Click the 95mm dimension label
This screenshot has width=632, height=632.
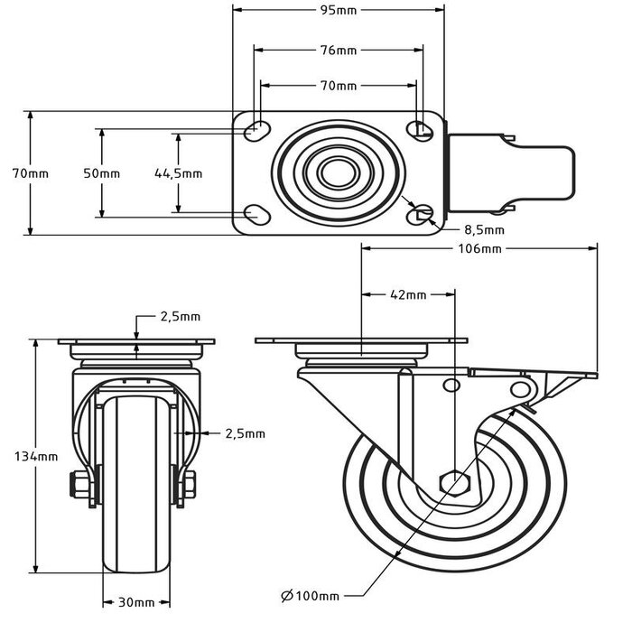click(x=339, y=11)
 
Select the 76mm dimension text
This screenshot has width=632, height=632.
click(x=339, y=50)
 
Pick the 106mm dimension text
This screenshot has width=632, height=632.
click(x=479, y=248)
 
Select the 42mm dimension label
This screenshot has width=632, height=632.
click(x=408, y=294)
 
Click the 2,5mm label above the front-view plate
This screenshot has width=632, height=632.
click(x=180, y=317)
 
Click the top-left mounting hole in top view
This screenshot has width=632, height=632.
click(x=256, y=129)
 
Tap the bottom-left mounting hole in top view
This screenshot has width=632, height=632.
click(x=256, y=215)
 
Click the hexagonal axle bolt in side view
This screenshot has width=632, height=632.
click(x=453, y=482)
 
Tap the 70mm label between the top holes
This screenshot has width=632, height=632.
click(x=339, y=86)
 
